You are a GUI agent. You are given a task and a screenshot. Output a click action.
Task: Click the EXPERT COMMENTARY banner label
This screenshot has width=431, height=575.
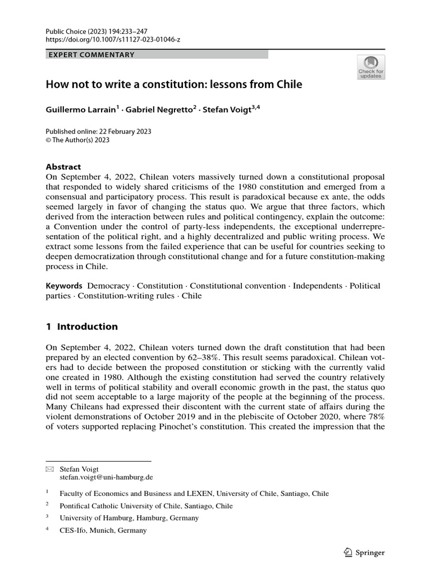coord(91,54)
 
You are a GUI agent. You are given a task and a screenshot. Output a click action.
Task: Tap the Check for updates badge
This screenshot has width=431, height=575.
coord(371,67)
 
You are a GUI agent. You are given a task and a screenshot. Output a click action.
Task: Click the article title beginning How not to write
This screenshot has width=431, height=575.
coord(173,85)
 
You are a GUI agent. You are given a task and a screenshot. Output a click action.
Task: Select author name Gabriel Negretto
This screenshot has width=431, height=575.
coord(160,110)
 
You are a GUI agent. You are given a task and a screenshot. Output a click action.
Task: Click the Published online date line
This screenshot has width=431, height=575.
coord(98,131)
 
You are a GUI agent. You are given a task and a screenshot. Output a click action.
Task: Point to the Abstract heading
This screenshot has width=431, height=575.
coord(63,167)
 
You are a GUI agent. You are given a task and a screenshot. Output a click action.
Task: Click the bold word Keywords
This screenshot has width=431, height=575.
coord(64,286)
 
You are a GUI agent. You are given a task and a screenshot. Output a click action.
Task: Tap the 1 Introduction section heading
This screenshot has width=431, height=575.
coord(82,326)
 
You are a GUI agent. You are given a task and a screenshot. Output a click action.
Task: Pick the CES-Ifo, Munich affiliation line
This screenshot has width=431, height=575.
coord(103,530)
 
